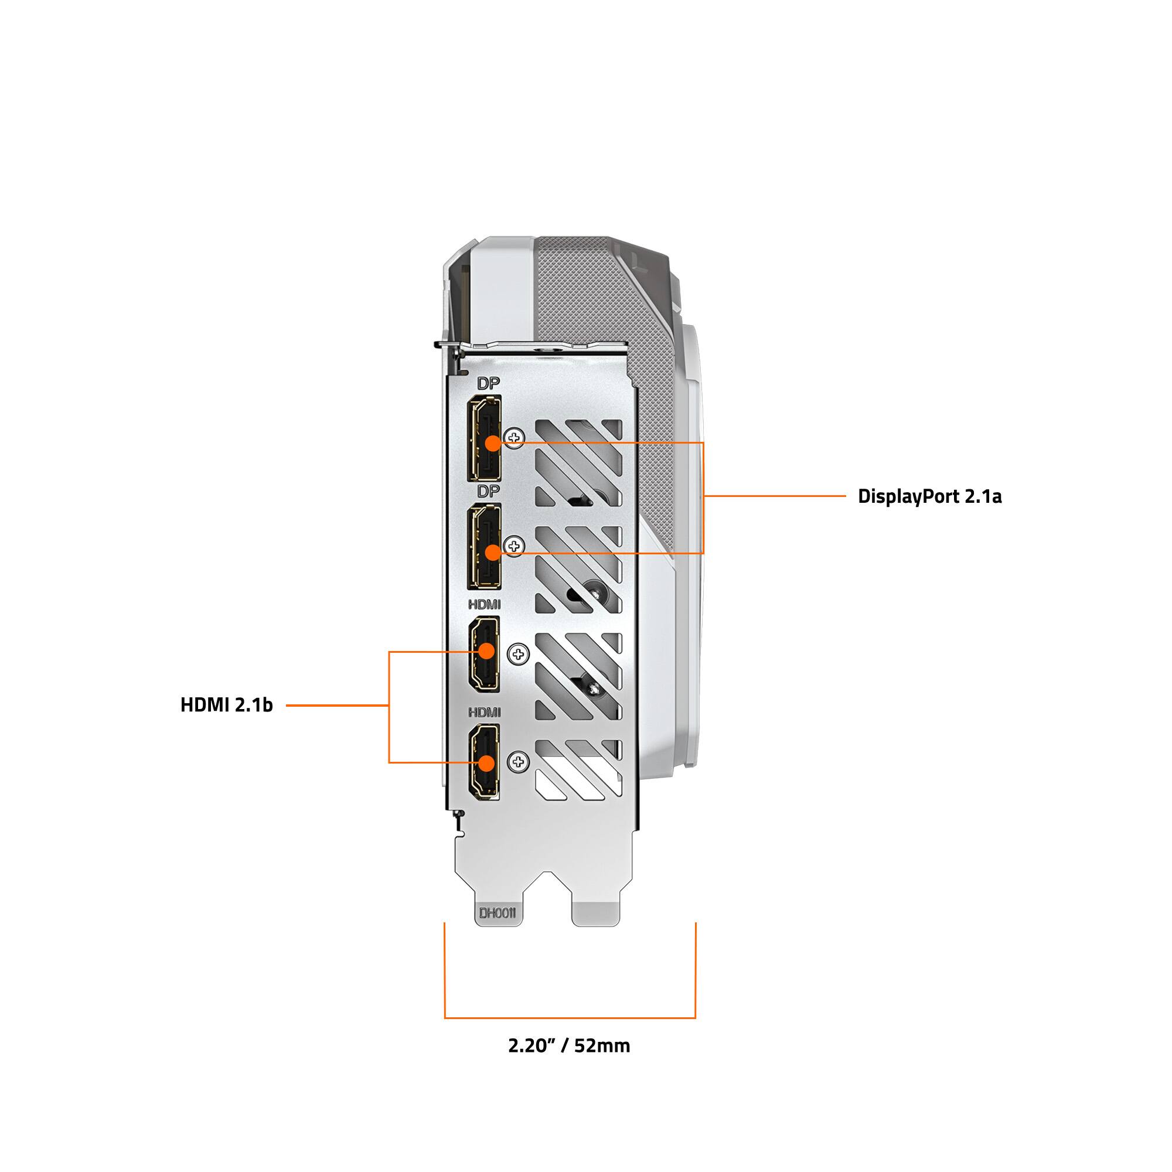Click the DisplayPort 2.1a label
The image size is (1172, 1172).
(x=929, y=496)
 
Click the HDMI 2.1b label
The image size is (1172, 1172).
(x=226, y=705)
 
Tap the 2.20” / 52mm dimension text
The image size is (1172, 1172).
(x=569, y=1045)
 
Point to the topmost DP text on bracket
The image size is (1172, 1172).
(x=488, y=383)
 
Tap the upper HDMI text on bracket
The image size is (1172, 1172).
(x=484, y=605)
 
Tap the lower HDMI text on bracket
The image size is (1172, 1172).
(x=484, y=712)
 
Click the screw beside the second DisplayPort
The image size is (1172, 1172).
(x=515, y=546)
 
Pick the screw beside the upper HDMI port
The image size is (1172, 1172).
(x=518, y=654)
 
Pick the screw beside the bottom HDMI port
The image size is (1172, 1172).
(x=518, y=762)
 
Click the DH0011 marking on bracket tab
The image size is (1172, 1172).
(x=498, y=913)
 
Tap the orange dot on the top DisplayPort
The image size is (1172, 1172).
(x=493, y=443)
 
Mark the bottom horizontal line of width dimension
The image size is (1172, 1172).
(x=570, y=1017)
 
